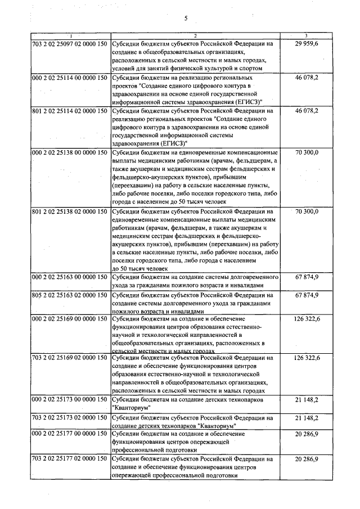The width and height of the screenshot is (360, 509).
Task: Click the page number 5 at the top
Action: click(185, 19)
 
